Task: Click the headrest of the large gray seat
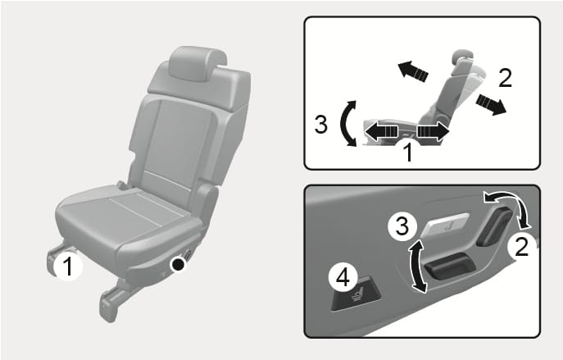(x=198, y=63)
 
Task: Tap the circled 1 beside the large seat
(x=68, y=267)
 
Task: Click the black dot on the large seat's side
(x=178, y=264)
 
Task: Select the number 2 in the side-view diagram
(x=505, y=78)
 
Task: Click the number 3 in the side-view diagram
(x=320, y=125)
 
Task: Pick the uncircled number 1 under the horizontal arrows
(x=408, y=152)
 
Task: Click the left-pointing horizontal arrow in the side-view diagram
(x=381, y=131)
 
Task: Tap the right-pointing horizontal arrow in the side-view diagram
(x=434, y=131)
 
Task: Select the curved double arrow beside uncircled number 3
(x=343, y=124)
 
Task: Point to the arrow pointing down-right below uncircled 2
(x=491, y=103)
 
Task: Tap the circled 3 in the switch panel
(x=402, y=226)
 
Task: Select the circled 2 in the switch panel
(x=521, y=247)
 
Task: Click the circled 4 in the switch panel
(x=343, y=277)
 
